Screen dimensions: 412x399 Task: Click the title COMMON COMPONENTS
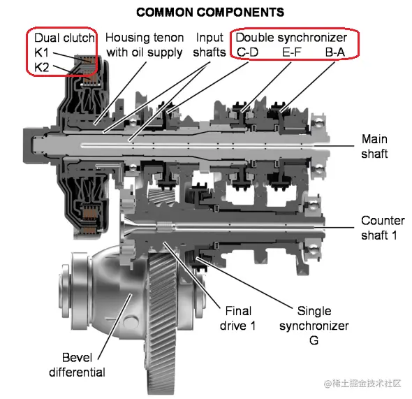point(210,13)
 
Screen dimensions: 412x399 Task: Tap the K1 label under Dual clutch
point(41,53)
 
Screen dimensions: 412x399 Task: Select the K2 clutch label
point(42,68)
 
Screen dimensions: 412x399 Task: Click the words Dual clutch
point(64,38)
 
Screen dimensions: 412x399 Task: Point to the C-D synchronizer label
point(247,52)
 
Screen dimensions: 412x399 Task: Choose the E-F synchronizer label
point(292,52)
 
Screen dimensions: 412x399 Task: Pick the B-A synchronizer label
point(335,52)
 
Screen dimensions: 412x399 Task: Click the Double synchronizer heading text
point(291,38)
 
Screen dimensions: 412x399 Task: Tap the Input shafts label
point(209,45)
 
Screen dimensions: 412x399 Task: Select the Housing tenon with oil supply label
point(145,45)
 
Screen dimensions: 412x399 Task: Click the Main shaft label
point(374,147)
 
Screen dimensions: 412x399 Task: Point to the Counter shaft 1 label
point(383,228)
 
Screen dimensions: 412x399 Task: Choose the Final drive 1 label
point(238,319)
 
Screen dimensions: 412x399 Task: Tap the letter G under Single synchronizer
point(314,340)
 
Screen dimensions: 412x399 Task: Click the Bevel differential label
point(77,365)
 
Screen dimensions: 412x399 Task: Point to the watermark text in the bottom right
point(362,384)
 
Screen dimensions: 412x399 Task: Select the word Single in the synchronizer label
point(314,311)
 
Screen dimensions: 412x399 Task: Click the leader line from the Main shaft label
point(334,145)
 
